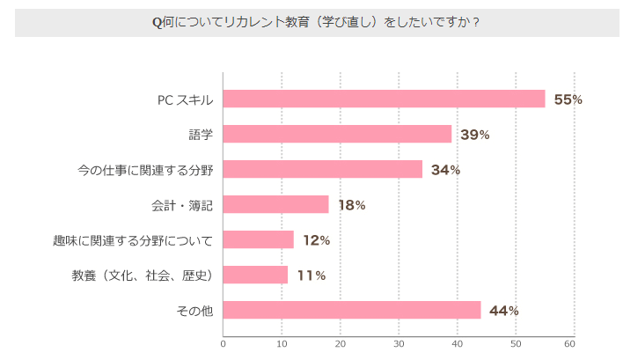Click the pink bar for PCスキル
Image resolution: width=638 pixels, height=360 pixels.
tap(384, 99)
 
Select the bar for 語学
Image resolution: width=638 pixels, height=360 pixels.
tap(337, 134)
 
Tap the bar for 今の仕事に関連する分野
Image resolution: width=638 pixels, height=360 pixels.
tap(322, 169)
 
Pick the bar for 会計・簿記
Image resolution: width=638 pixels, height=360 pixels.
tap(275, 204)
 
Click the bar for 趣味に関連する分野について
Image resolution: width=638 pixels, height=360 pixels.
tap(258, 239)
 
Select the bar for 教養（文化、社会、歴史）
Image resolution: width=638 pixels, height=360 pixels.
tap(255, 275)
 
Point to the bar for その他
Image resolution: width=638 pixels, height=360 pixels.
tap(352, 310)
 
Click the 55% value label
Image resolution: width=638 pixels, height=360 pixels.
tap(568, 99)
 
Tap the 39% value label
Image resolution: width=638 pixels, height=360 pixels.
tap(474, 135)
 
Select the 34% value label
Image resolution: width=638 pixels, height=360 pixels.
tap(445, 170)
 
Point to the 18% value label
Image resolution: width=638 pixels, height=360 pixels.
tap(351, 205)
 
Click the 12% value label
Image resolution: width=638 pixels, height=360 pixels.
tap(316, 240)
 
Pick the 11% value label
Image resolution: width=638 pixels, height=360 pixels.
tap(311, 276)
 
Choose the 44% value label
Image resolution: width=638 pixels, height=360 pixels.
tap(503, 311)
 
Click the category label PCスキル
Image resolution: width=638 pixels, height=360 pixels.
tap(185, 99)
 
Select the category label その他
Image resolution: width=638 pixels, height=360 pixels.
tap(194, 311)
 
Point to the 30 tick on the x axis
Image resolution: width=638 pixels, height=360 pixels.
tap(399, 344)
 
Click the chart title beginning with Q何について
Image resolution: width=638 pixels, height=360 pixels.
tap(316, 22)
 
